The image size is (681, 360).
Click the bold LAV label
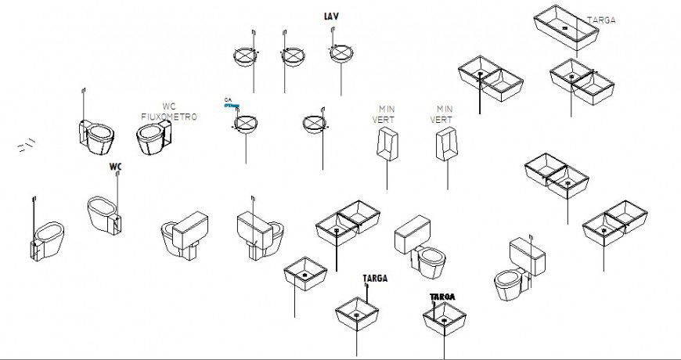331,16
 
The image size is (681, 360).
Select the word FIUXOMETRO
169,117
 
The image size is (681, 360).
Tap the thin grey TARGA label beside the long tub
601,21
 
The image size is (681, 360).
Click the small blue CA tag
229,100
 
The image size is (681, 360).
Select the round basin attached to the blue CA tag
246,124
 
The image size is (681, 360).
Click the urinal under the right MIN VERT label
445,145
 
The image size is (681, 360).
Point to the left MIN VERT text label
387,114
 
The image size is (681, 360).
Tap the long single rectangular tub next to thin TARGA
567,31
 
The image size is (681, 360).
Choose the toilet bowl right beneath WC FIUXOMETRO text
152,141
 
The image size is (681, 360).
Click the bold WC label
116,167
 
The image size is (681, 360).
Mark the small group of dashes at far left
26,144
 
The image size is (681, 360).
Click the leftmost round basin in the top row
247,56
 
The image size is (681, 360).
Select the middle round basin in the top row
291,56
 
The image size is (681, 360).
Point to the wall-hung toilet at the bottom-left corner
47,239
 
